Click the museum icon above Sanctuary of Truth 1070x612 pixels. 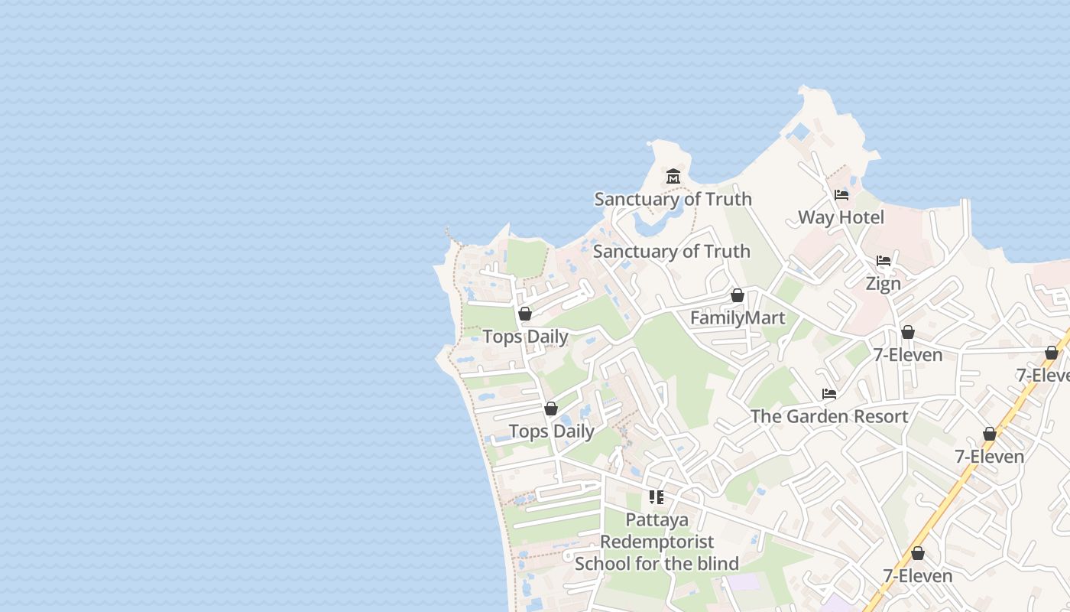click(x=673, y=177)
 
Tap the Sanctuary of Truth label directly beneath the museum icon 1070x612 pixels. click(x=673, y=199)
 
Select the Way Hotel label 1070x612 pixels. click(x=841, y=217)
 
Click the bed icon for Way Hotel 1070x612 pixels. click(x=841, y=195)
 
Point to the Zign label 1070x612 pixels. click(x=883, y=283)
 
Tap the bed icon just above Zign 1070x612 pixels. click(x=884, y=261)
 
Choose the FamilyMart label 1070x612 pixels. click(x=738, y=317)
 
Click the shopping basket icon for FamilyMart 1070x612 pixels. click(x=738, y=295)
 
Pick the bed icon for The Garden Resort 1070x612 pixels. click(x=829, y=395)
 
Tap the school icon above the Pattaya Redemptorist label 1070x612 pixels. click(x=657, y=497)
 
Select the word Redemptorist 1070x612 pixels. click(x=657, y=542)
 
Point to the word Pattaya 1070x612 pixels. click(x=657, y=520)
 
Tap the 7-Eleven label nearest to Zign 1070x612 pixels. click(x=907, y=355)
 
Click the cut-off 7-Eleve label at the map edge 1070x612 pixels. click(x=1043, y=376)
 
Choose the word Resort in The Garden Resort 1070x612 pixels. click(x=879, y=417)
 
